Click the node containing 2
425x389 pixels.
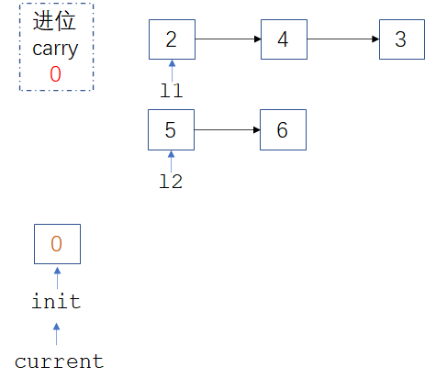[172, 39]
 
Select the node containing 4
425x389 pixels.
[283, 39]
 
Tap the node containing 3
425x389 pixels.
[401, 39]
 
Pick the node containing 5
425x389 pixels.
[172, 129]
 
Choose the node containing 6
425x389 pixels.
[283, 129]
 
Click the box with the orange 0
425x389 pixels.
[57, 244]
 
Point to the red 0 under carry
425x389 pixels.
[55, 75]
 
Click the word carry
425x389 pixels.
[55, 49]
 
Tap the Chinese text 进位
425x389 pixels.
[55, 23]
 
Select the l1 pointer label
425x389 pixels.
[172, 90]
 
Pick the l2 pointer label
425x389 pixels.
[172, 181]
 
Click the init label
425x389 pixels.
[56, 301]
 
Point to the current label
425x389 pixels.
[59, 361]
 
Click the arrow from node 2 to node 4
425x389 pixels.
[228, 39]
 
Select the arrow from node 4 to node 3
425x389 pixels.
[342, 39]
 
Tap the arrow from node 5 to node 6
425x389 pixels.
[227, 129]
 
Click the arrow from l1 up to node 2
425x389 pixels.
[172, 70]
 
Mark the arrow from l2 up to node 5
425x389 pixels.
[172, 161]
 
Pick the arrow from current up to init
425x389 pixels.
[56, 332]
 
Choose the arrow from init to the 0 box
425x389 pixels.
[57, 276]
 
